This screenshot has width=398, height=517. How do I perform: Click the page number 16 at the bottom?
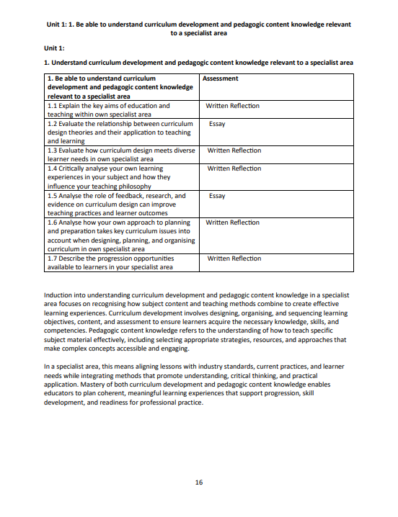pos(198,482)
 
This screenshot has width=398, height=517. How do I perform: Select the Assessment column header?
pos(221,78)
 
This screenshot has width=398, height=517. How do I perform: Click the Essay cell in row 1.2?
pos(217,124)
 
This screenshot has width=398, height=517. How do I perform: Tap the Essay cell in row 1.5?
pos(217,195)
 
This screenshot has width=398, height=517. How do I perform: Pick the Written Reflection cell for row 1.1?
pos(232,106)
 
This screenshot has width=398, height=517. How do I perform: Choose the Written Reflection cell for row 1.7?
pos(234,258)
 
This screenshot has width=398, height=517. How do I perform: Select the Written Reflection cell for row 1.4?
pos(234,168)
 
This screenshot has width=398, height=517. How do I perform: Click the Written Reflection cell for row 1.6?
pos(232,222)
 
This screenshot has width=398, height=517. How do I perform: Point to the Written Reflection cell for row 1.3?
pos(234,150)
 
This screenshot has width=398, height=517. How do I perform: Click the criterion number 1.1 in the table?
pos(52,106)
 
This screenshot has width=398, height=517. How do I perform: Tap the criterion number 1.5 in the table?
pos(52,195)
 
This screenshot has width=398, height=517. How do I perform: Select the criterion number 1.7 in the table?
pos(52,258)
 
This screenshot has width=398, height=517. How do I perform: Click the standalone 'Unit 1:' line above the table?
pos(55,48)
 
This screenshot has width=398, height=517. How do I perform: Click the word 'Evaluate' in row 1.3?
pos(73,150)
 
